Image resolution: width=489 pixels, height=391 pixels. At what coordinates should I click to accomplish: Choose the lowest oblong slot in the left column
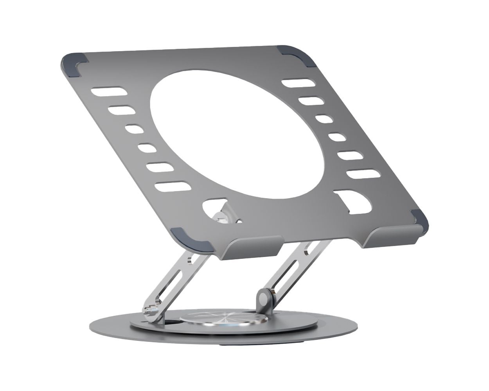point(171,187)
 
